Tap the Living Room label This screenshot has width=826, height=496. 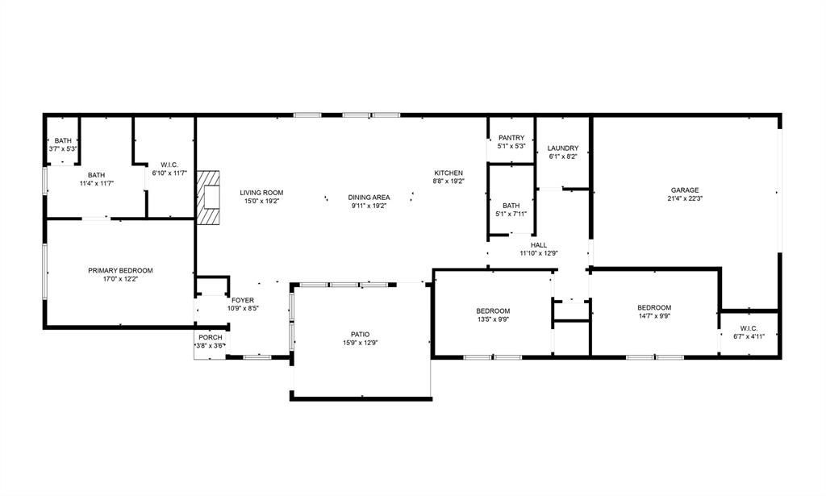point(261,193)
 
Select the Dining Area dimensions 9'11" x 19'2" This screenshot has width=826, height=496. point(369,206)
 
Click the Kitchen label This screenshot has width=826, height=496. point(448,173)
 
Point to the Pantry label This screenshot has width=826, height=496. point(511,138)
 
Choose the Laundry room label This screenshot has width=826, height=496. point(562,148)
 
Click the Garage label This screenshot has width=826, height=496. point(685,190)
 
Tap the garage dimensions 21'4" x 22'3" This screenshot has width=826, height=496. point(685,198)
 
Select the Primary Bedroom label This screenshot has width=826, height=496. point(120,271)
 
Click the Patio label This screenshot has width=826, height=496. point(361,335)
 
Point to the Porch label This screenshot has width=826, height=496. point(211,337)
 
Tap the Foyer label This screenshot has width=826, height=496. point(242,300)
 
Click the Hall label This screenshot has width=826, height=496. point(538,245)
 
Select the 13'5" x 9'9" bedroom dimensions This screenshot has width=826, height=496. point(493,319)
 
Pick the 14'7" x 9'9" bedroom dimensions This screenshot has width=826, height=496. point(654,316)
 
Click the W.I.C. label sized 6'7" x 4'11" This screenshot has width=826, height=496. point(749,328)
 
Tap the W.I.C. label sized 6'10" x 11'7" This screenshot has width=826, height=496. point(169,165)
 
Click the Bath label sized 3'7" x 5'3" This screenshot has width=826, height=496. point(63,140)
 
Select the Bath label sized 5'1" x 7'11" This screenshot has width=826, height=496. point(511,206)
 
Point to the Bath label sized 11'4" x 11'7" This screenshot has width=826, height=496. point(97,175)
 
